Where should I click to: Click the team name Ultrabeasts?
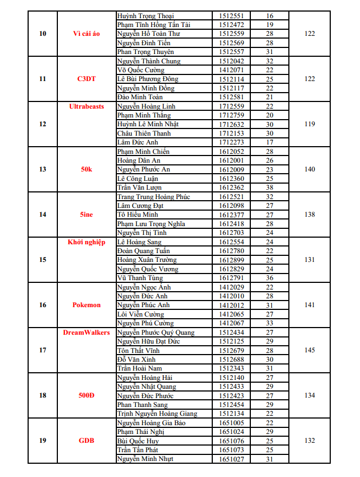coord(87,106)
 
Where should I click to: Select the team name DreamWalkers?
coord(87,333)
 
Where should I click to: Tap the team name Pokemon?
coord(87,305)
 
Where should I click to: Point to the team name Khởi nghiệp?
coord(87,242)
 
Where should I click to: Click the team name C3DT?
coord(87,79)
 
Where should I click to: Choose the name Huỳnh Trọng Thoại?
coord(146,16)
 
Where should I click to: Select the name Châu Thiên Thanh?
coord(144,133)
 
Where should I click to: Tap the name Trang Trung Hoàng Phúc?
coord(153,197)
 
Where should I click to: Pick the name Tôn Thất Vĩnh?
coord(138,351)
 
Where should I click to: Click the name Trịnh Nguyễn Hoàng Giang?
coord(157,414)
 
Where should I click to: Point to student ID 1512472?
coord(232,25)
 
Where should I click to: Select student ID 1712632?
coord(232,124)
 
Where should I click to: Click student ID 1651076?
coord(232,441)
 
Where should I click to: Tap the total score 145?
coord(310,350)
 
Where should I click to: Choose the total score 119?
coord(310,124)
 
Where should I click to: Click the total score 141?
coord(310,305)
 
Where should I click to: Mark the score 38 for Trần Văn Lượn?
coord(270,187)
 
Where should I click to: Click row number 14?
coord(43,215)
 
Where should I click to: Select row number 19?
coord(43,441)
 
